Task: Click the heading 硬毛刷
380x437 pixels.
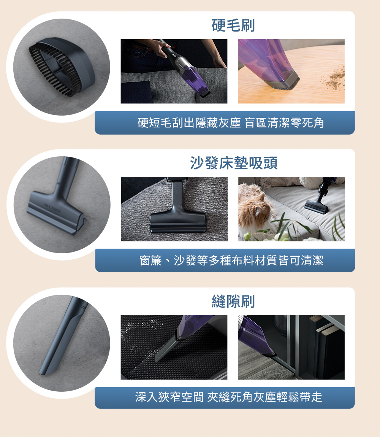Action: coord(233,25)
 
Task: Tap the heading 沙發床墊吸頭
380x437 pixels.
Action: coord(234,163)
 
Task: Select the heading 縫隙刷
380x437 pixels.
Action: coord(233,301)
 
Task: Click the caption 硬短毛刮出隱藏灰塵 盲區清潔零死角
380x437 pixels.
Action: coord(231,122)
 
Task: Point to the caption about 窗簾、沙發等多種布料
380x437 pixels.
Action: coord(231,261)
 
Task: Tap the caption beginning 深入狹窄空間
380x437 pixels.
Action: coord(228,397)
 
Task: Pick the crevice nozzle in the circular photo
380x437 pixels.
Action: coord(63,335)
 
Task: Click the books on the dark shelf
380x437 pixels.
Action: coord(326,346)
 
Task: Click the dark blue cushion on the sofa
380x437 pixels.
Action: coord(136,92)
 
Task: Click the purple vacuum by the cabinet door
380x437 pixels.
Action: coord(256,337)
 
